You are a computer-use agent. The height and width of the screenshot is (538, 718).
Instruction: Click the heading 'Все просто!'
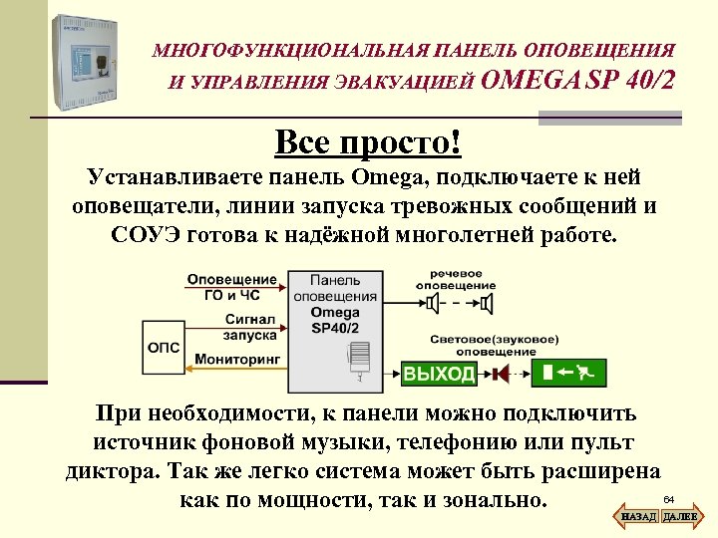[368, 142]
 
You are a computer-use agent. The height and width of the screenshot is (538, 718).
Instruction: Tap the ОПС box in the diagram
[164, 346]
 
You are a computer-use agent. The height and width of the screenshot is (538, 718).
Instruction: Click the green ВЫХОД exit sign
[439, 374]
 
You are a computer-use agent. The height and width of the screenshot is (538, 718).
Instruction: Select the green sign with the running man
[570, 374]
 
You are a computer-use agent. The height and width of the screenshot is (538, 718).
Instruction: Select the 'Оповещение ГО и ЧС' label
[232, 287]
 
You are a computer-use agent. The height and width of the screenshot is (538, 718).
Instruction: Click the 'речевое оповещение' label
[456, 279]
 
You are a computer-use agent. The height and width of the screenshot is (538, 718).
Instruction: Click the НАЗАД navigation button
[637, 517]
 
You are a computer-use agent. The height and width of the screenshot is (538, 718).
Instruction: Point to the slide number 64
[669, 498]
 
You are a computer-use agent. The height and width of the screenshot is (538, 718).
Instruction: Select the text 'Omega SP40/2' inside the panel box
[335, 320]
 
